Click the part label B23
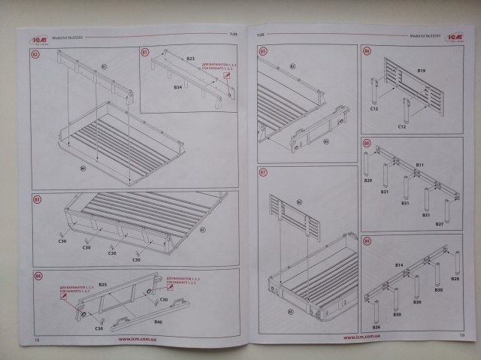[190, 58]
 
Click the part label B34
[178, 87]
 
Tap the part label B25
[103, 285]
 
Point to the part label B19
[422, 70]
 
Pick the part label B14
[400, 266]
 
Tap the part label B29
[368, 181]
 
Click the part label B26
[376, 327]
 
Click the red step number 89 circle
[367, 241]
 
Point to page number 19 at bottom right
[461, 336]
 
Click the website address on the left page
[135, 338]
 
